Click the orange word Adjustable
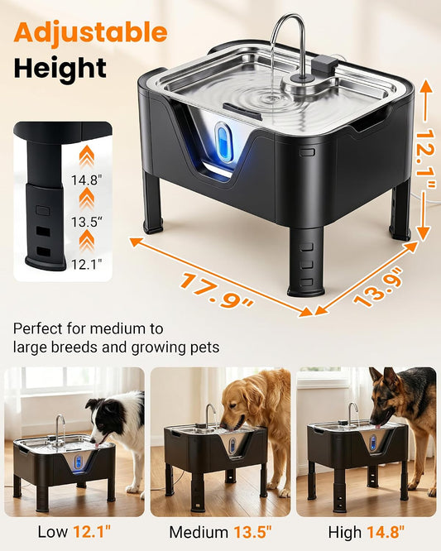[x=90, y=33]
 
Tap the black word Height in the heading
[x=60, y=69]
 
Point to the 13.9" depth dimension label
[x=378, y=286]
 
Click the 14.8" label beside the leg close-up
[x=86, y=180]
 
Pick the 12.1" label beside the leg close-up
[x=86, y=264]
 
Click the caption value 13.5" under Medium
[x=253, y=532]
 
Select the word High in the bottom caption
[x=344, y=532]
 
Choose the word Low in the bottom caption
[x=53, y=532]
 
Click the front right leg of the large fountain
[x=306, y=261]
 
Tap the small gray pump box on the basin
[x=324, y=65]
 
